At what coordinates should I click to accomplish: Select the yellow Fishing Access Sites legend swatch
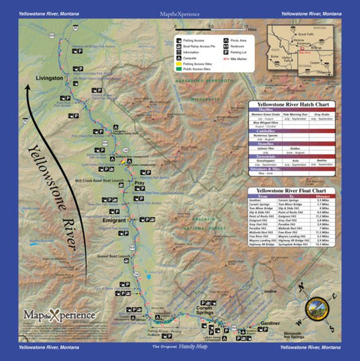point(179,66)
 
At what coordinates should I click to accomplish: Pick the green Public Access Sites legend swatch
point(179,71)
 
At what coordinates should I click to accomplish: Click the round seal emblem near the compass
point(318,310)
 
